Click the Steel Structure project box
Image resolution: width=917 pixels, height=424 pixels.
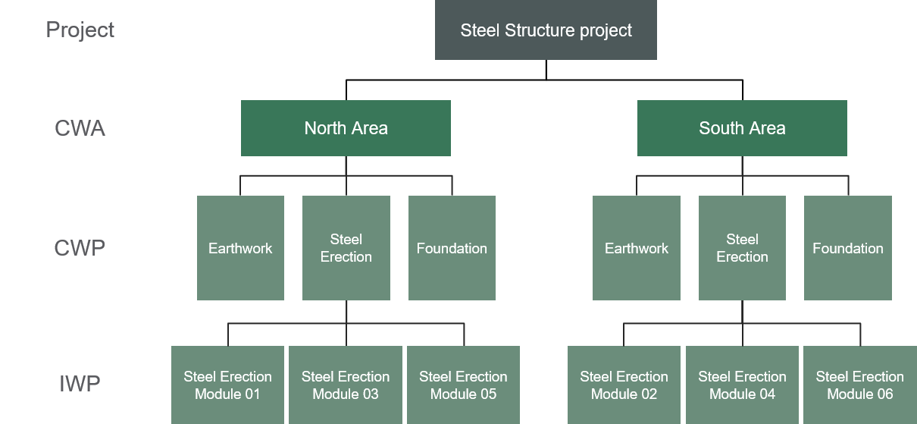[546, 30]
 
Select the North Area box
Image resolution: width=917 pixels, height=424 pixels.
[346, 128]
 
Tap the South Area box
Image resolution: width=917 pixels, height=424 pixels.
[742, 128]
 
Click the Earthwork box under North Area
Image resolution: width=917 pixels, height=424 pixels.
[240, 248]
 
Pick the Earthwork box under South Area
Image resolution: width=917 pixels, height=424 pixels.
[637, 248]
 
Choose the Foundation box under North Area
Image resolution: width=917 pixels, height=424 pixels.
[452, 248]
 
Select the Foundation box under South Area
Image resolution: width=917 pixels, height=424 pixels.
[847, 248]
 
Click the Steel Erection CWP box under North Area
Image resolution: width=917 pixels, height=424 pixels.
[346, 248]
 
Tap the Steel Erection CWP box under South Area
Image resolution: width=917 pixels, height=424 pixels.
[742, 248]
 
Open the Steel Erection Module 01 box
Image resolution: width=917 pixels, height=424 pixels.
[227, 385]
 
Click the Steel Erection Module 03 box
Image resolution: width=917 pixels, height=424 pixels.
[346, 385]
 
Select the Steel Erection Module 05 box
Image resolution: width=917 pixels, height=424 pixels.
[463, 385]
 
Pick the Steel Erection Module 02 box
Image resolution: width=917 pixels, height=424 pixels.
[624, 385]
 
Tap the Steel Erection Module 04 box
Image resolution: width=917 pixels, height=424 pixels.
[742, 385]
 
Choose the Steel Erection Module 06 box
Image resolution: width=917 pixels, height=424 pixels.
[860, 385]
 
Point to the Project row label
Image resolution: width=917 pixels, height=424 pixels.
[80, 30]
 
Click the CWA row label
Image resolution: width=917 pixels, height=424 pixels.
[80, 128]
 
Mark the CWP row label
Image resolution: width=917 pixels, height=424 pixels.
[80, 248]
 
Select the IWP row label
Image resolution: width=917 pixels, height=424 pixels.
[80, 384]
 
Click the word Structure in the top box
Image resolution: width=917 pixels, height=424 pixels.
[534, 31]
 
